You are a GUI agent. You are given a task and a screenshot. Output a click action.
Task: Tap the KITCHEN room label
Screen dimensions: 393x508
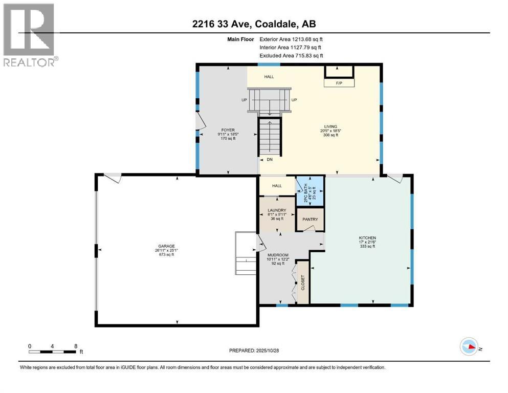click(367, 238)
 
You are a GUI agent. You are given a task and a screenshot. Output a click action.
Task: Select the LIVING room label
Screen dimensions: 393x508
click(330, 126)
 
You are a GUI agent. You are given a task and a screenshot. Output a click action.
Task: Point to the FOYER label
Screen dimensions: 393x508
click(228, 130)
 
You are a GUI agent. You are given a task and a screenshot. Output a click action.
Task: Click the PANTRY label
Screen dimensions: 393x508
click(310, 220)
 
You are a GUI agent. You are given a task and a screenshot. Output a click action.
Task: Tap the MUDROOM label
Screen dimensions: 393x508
click(278, 255)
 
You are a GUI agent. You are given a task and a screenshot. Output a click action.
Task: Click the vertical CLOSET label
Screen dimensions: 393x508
click(303, 282)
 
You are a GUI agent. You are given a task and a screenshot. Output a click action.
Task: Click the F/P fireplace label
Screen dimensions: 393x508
click(339, 82)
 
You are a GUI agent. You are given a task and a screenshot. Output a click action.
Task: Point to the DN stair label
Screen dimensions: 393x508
click(269, 160)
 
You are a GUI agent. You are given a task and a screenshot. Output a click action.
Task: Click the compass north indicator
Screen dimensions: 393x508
click(470, 348)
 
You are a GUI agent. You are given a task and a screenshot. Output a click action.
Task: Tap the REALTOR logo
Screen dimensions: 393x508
click(30, 35)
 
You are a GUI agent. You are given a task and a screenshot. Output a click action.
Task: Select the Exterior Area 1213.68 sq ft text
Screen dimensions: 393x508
click(291, 39)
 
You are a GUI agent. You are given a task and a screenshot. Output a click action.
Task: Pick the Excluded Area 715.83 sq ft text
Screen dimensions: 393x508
click(291, 56)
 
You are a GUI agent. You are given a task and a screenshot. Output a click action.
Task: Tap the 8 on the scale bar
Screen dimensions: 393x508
click(76, 346)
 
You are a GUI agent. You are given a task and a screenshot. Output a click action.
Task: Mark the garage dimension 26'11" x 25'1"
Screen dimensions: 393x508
click(166, 250)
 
